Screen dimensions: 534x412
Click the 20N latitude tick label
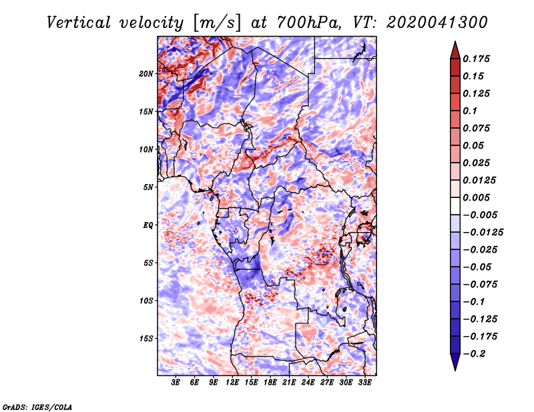pos(146,73)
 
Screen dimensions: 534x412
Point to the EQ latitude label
pos(148,225)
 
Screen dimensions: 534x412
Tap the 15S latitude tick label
pos(146,339)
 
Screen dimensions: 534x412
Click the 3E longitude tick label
pos(176,382)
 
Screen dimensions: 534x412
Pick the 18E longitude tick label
pos(270,382)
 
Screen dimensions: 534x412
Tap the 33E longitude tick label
pos(364,382)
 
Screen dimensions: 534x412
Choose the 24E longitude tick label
pos(308,382)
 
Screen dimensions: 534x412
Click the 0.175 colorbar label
pos(476,59)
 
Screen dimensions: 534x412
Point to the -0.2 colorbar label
pos(474,354)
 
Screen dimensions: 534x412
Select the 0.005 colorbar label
pos(476,197)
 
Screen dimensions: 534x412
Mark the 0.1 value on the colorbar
pos(470,111)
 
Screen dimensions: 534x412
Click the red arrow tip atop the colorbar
pos(455,42)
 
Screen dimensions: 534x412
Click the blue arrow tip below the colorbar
pos(455,370)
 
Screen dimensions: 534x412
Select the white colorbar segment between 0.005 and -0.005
pos(455,206)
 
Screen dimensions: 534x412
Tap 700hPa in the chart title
pos(307,23)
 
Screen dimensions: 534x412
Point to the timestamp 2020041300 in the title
pos(437,23)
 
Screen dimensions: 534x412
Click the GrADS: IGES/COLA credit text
pos(37,407)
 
